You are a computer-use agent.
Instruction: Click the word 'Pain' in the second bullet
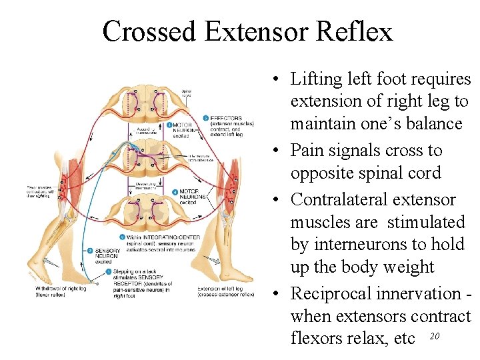pos(307,151)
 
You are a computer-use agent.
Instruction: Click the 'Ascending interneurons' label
pos(147,129)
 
